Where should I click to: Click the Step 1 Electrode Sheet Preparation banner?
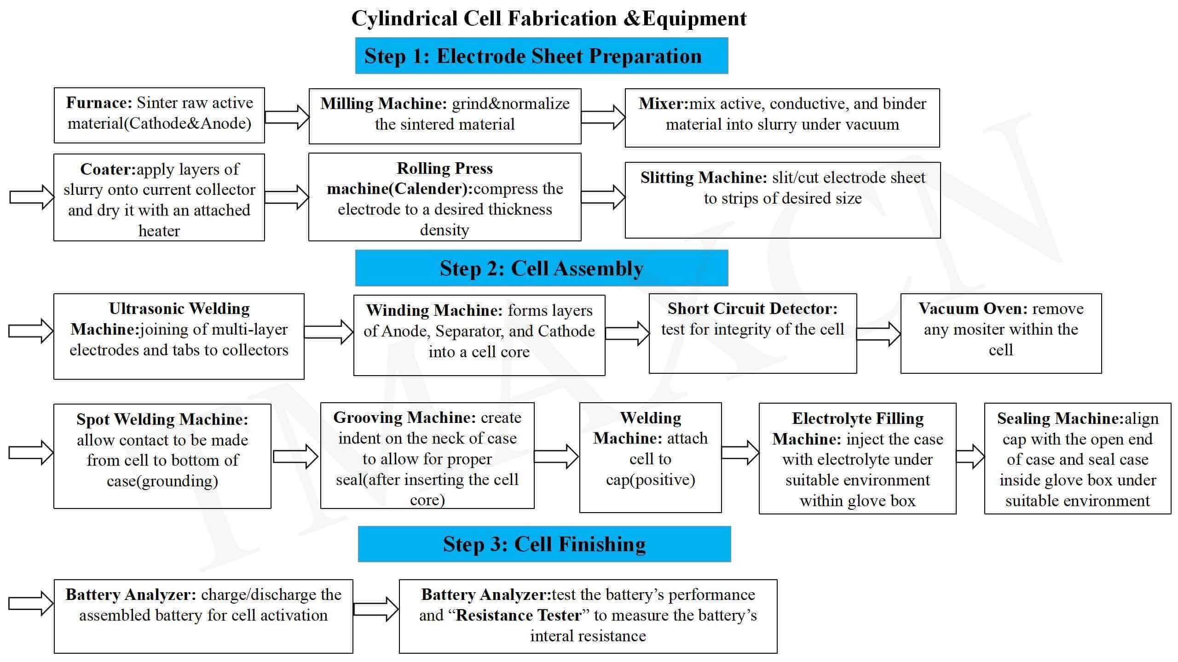(541, 56)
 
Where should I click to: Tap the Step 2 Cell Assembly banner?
(541, 268)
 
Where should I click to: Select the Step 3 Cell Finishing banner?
(544, 544)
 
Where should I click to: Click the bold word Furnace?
(99, 103)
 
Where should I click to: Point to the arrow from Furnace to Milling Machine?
(287, 117)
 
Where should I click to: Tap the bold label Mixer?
(663, 104)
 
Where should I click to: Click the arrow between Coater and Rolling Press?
(287, 197)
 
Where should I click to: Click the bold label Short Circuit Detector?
(752, 308)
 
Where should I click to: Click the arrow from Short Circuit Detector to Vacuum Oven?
(878, 334)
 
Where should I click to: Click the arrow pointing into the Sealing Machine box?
(970, 457)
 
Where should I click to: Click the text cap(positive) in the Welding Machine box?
(650, 480)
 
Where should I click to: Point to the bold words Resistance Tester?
(519, 615)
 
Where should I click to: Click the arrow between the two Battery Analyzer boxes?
(375, 609)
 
